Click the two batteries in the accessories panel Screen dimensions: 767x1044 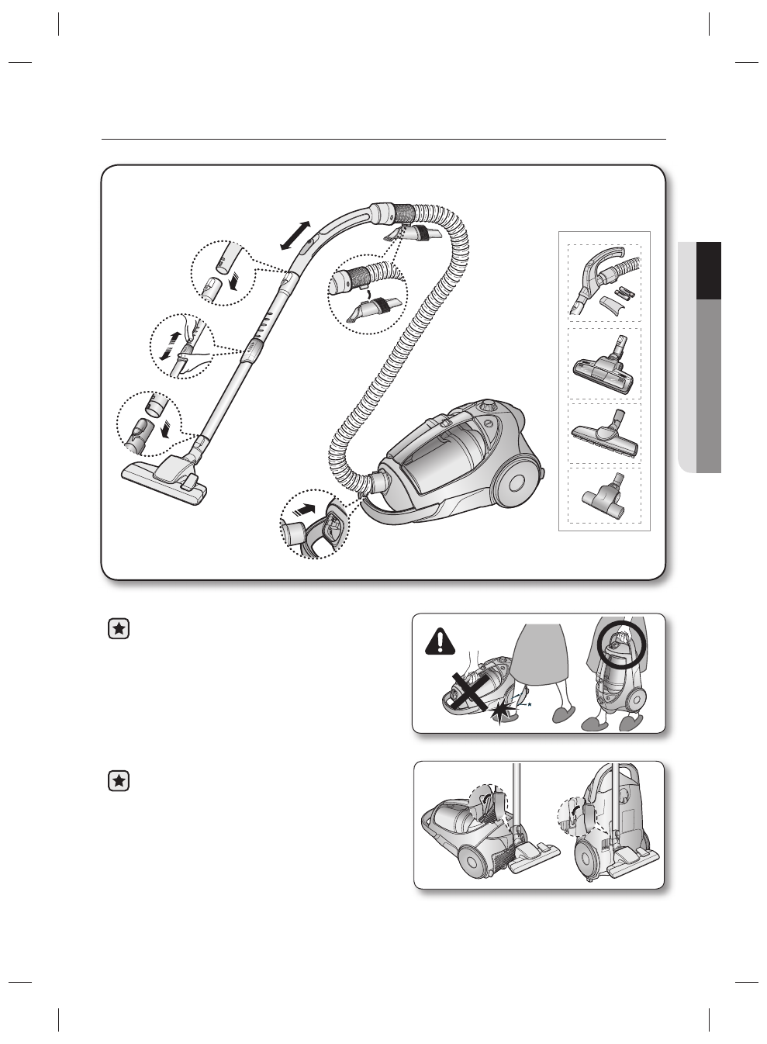625,295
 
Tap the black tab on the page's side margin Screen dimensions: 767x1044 709,270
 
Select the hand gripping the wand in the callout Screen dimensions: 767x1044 189,349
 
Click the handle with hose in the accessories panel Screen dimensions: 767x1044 605,275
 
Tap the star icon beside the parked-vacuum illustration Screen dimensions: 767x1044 118,780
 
